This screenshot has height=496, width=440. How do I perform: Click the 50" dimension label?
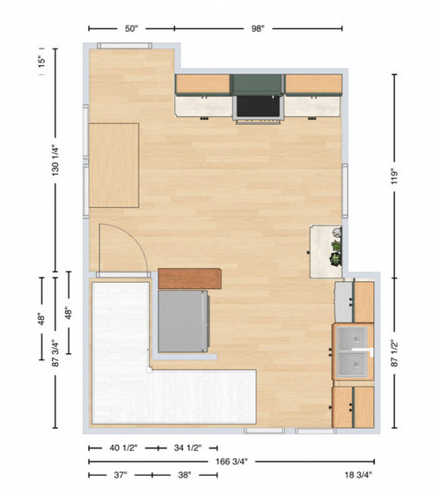(131, 29)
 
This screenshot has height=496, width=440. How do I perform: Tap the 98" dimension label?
(258, 29)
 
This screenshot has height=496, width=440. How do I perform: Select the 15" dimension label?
(41, 62)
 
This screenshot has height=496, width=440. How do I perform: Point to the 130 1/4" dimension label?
(55, 160)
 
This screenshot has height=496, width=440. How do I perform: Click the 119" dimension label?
(395, 176)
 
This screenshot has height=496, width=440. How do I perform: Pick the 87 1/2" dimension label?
(395, 353)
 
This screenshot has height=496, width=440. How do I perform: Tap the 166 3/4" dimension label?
(231, 462)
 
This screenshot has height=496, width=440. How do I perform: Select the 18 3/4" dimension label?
(358, 475)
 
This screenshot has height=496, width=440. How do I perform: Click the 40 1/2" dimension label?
(123, 448)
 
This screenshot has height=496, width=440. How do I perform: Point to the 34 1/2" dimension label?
(187, 448)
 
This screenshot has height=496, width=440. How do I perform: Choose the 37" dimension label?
(120, 475)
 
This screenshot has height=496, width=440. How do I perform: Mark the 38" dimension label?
(185, 475)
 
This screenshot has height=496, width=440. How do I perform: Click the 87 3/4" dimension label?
(55, 353)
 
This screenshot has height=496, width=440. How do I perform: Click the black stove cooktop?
(258, 107)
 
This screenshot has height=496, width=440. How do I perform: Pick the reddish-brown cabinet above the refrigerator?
(189, 278)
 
